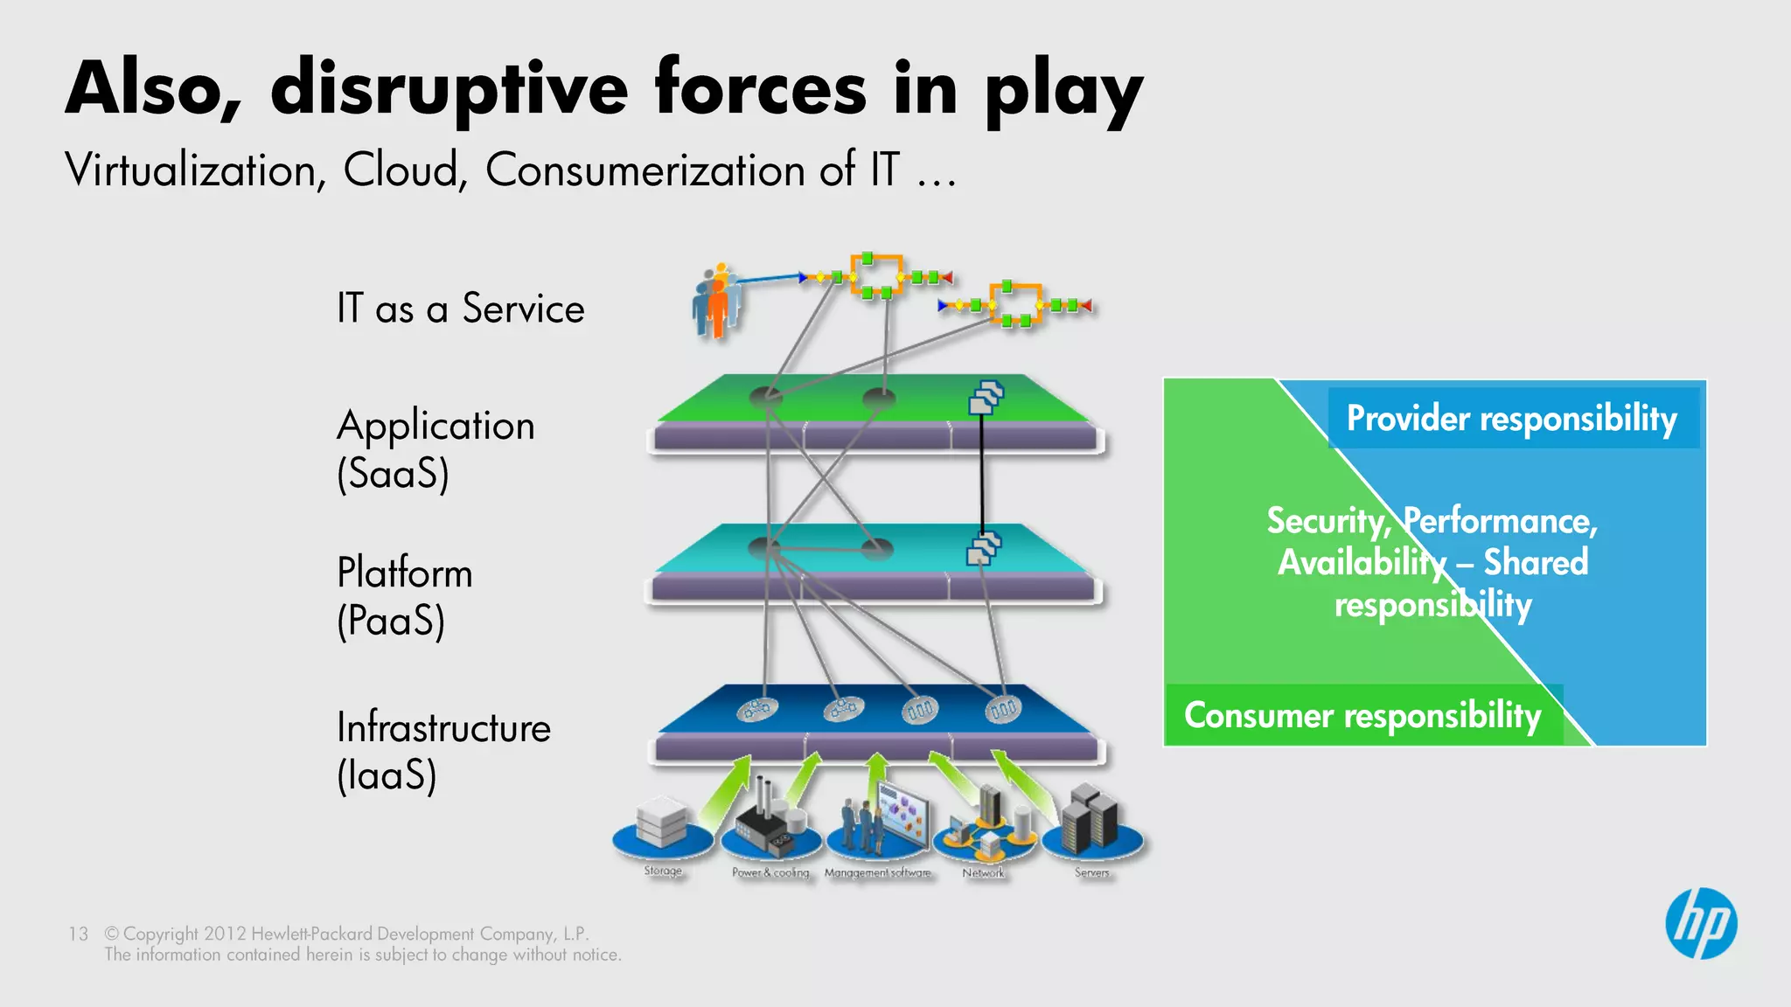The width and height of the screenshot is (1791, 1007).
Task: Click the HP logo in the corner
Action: point(1701,924)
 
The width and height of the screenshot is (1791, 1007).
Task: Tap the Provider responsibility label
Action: point(1512,419)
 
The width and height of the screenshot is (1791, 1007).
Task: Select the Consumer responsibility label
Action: point(1362,716)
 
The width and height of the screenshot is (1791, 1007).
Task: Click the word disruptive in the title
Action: point(449,89)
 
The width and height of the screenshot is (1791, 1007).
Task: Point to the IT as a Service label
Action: point(460,309)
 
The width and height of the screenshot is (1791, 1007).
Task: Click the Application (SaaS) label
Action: point(436,448)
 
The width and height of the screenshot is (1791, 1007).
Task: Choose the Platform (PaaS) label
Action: point(404,596)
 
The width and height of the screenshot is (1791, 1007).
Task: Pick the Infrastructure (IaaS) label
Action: point(443,750)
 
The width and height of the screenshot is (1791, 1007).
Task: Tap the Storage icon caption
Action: point(663,871)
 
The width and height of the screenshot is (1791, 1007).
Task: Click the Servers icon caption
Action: point(1091,872)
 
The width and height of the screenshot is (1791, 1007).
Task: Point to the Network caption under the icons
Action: point(983,872)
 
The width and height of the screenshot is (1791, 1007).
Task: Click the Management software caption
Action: point(877,872)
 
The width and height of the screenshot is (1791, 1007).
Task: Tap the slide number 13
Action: point(78,934)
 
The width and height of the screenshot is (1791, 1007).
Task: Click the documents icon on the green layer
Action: point(986,398)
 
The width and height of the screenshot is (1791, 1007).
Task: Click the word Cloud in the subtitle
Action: point(401,170)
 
